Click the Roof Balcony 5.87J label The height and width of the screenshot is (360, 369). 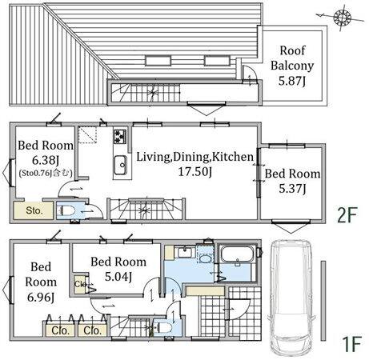[x=292, y=66]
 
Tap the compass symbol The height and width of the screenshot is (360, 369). [x=342, y=17]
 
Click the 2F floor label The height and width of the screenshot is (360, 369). [x=347, y=215]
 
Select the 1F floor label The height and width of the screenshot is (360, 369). [x=351, y=344]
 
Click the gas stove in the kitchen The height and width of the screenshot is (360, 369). [x=120, y=137]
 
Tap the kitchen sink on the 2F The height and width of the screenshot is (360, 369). [x=120, y=165]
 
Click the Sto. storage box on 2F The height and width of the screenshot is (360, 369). [x=34, y=210]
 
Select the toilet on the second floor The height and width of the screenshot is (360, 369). [x=66, y=211]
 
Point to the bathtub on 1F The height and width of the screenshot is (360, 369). [x=236, y=254]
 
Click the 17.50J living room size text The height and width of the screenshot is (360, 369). [x=195, y=171]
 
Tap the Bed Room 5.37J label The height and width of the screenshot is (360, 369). [x=292, y=181]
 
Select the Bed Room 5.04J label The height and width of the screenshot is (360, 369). [x=118, y=269]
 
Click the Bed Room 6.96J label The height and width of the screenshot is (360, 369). [x=41, y=282]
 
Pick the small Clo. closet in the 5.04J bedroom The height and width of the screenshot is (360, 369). [x=79, y=284]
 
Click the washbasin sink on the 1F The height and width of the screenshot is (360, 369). [x=185, y=252]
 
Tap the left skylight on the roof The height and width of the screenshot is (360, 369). [x=158, y=61]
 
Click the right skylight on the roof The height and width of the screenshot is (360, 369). [x=217, y=61]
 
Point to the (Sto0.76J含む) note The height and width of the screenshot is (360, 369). [x=46, y=173]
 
